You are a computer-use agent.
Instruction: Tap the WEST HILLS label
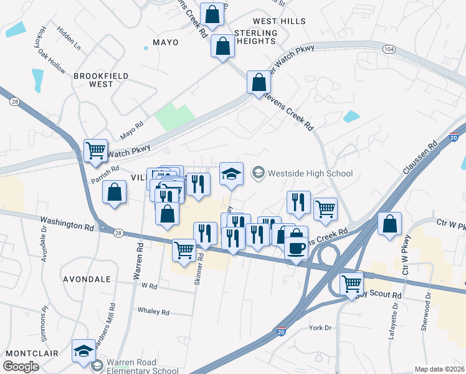point(279,21)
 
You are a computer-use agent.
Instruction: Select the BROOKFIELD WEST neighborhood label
point(101,80)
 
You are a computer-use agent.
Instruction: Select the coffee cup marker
point(296,247)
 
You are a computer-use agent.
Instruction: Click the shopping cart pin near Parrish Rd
point(95,151)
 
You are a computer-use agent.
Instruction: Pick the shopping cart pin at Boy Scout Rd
point(352,284)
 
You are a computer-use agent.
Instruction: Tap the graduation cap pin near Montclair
point(83,350)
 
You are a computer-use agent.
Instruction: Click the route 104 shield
point(389,49)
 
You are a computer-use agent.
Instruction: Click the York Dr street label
point(320,327)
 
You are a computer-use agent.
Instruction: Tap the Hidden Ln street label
point(69,37)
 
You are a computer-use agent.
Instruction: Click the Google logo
point(21,367)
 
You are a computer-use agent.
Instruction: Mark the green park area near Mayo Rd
point(174,116)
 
